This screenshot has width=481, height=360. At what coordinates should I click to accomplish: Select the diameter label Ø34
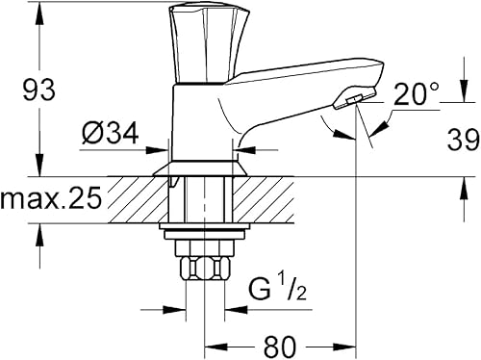point(110,133)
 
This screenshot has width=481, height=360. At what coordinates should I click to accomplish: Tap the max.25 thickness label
point(51,198)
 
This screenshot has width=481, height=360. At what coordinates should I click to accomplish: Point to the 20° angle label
point(416,94)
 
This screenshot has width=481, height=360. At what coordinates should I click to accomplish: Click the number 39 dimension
point(464,140)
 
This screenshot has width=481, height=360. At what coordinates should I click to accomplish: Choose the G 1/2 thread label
point(278,290)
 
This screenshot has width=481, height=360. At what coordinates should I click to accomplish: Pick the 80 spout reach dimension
point(279,347)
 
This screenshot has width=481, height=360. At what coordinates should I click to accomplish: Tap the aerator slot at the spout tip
point(354,100)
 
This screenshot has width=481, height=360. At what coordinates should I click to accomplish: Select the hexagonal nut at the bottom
point(205,269)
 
